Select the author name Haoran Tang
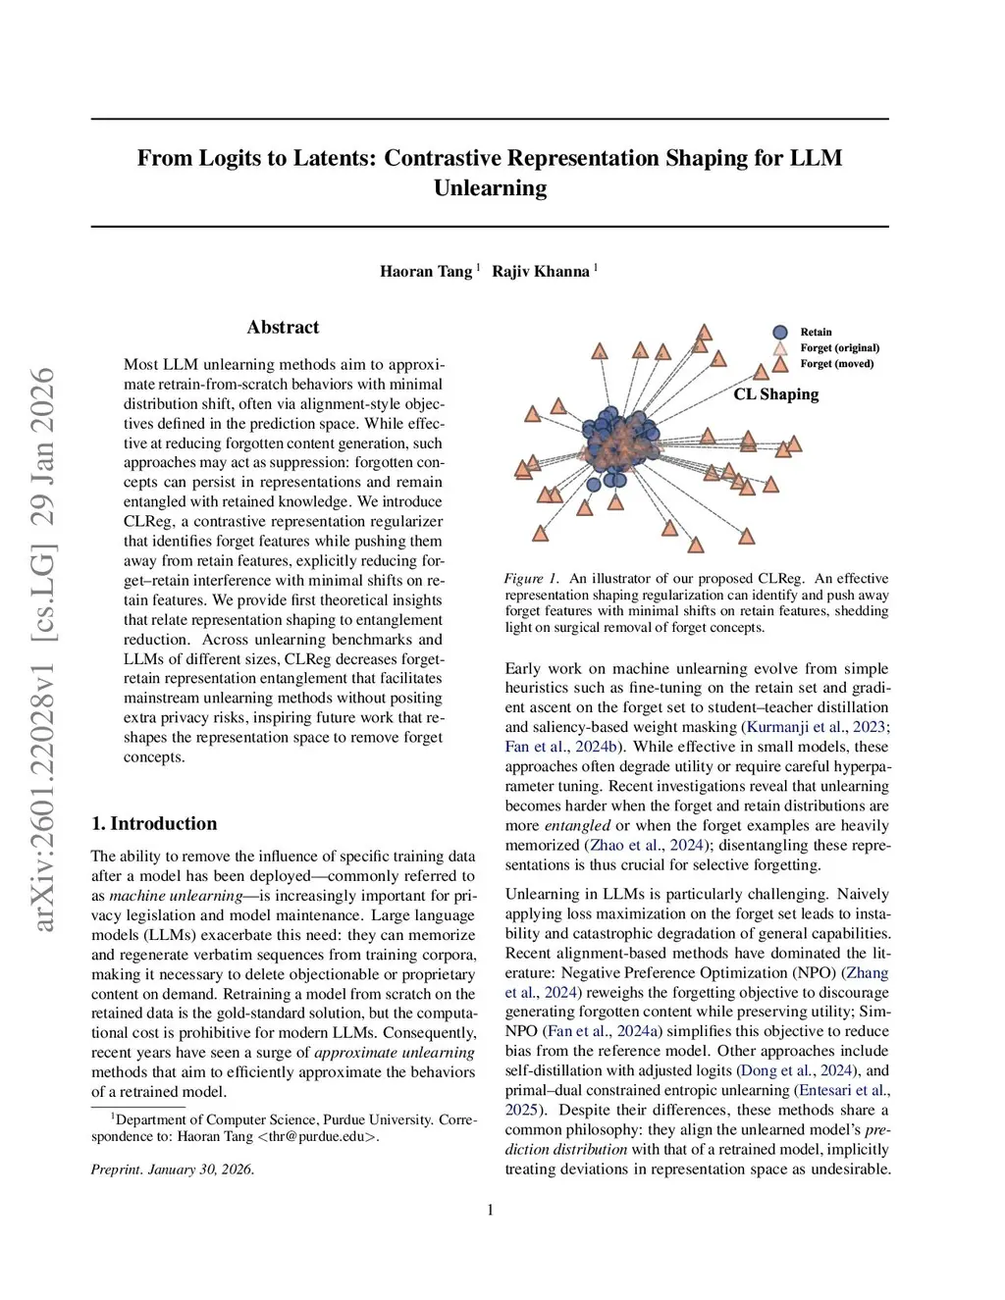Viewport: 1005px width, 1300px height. click(426, 272)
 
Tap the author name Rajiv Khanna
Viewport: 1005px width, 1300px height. click(541, 272)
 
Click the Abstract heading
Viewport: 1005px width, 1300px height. click(283, 328)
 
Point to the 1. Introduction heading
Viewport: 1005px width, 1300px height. click(154, 824)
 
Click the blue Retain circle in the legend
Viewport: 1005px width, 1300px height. click(780, 333)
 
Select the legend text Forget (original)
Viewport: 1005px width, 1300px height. click(839, 348)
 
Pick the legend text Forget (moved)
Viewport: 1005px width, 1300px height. click(836, 364)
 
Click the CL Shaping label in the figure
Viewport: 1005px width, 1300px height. click(775, 394)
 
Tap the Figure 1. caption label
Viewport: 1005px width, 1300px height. click(531, 579)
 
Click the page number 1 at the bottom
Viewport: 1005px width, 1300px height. click(491, 1210)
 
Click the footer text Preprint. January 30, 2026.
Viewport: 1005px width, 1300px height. click(173, 1170)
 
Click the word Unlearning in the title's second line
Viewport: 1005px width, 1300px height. click(490, 188)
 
